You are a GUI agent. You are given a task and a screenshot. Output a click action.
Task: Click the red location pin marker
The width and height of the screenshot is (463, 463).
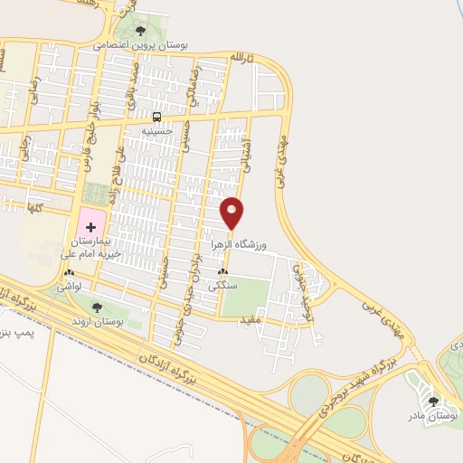(232, 213)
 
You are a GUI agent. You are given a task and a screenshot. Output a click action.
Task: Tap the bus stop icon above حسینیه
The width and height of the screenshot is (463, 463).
(157, 118)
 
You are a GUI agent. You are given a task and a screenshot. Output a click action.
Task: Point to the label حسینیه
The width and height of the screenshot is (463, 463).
(156, 131)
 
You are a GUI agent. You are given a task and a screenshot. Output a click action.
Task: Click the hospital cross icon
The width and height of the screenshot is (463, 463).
(90, 224)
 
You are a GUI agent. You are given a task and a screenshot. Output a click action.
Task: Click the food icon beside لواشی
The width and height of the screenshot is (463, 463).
(69, 272)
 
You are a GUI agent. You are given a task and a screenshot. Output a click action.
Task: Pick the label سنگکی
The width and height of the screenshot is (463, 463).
(222, 285)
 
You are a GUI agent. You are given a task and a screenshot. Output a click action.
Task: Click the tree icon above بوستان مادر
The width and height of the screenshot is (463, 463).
(433, 401)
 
